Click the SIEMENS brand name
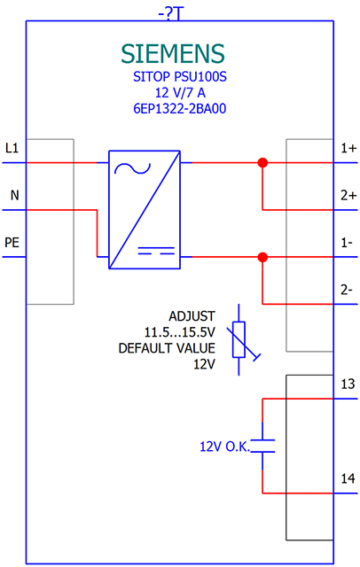click(x=173, y=52)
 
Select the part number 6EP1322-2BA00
click(x=173, y=109)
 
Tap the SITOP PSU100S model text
click(x=173, y=78)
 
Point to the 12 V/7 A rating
click(x=173, y=93)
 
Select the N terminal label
click(x=13, y=194)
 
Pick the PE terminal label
click(x=12, y=241)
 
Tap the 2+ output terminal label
click(x=347, y=195)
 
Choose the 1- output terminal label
click(x=347, y=242)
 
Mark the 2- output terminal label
click(x=347, y=289)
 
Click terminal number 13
click(x=347, y=384)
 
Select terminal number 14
click(x=347, y=478)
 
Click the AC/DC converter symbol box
click(x=145, y=210)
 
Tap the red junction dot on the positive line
click(x=262, y=163)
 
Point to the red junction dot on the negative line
click(x=262, y=257)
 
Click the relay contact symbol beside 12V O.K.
click(x=262, y=445)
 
